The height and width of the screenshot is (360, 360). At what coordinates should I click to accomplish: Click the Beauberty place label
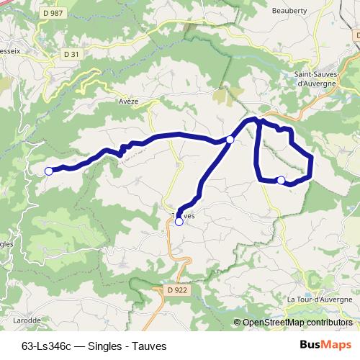(290, 10)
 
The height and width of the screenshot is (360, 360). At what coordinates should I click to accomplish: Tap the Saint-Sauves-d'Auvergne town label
(321, 78)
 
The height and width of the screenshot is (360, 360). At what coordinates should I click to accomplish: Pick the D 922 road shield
(165, 289)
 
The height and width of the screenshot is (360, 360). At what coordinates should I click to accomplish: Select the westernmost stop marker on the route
(49, 171)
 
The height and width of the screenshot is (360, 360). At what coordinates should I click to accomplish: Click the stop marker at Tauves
(179, 222)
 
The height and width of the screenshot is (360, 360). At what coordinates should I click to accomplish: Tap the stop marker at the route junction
(230, 139)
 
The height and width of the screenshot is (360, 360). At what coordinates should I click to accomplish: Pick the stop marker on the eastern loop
(281, 180)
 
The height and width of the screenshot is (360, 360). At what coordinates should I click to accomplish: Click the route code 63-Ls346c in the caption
(46, 346)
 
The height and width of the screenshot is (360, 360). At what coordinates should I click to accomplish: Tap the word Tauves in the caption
(148, 346)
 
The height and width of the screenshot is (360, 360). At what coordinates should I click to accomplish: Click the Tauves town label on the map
(184, 215)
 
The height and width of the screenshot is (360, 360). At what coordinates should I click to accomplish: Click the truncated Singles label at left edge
(6, 244)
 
